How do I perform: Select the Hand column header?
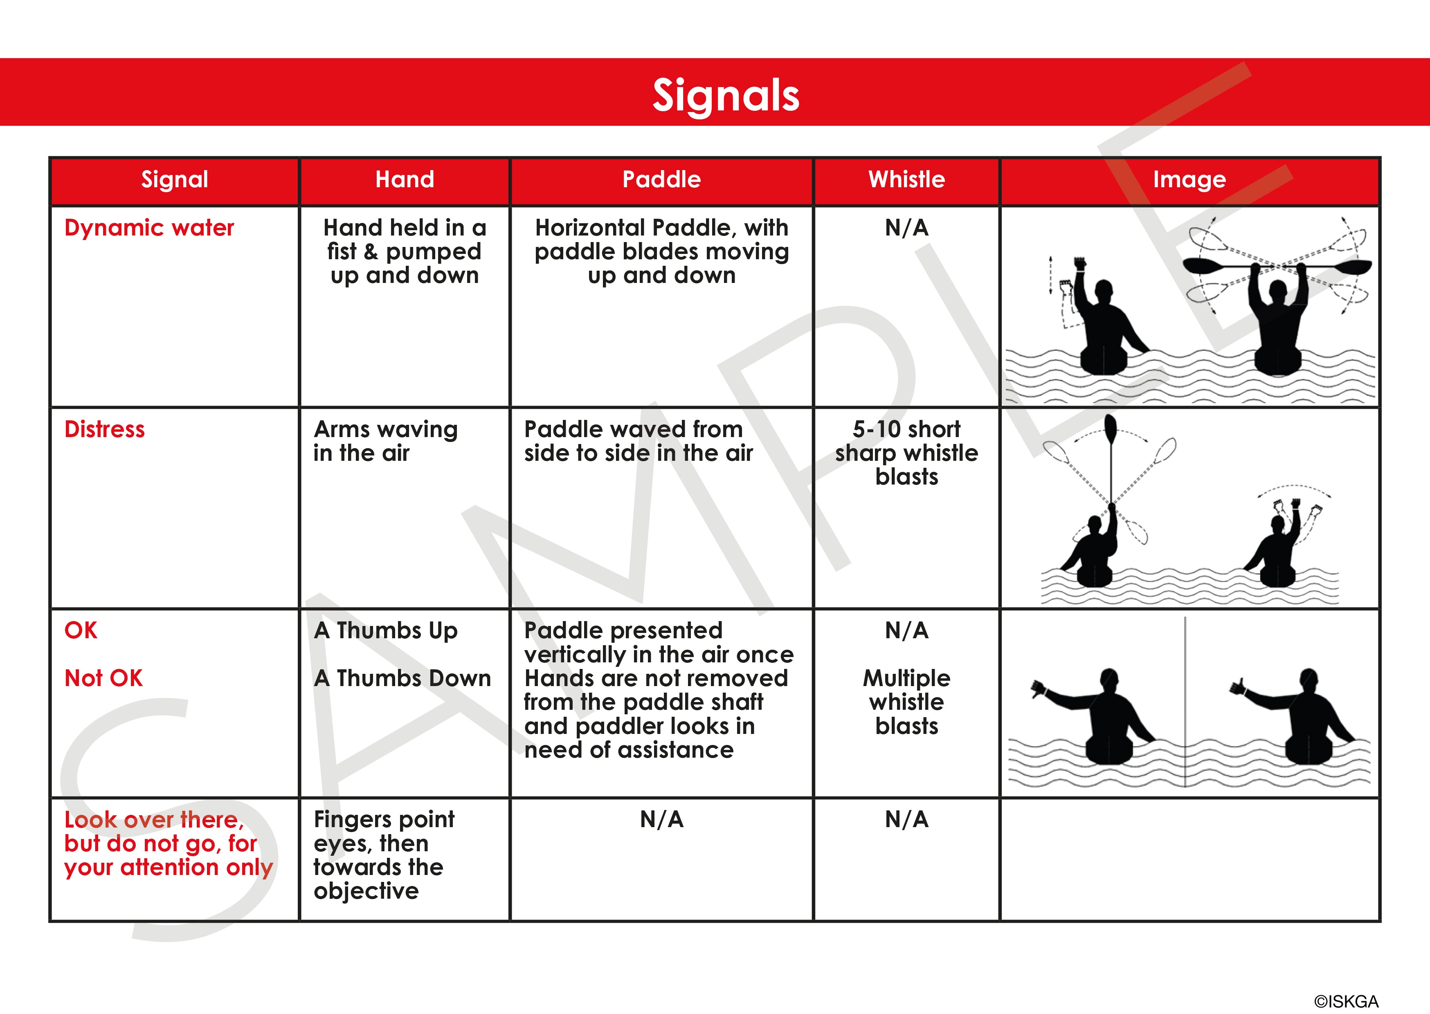pos(405,180)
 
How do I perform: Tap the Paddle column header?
pos(661,180)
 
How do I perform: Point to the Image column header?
pos(1189,180)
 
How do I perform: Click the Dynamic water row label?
pos(149,228)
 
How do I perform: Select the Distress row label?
pos(105,430)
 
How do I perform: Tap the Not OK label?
pos(103,678)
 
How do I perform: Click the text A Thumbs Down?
pos(403,678)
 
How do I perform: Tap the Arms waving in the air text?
pos(385,441)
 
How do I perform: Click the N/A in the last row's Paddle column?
pos(661,819)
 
